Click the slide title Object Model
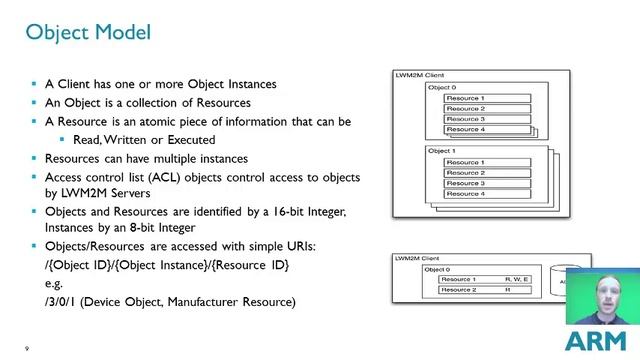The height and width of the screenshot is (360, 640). click(x=88, y=32)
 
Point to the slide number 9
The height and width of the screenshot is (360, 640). click(x=27, y=348)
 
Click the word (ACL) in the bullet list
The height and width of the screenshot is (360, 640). click(x=142, y=177)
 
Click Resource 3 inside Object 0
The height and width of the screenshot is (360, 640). click(x=465, y=119)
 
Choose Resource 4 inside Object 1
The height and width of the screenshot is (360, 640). click(x=465, y=193)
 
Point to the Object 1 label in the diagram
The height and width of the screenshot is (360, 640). click(x=441, y=151)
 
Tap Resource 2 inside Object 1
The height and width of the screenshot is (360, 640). click(x=465, y=172)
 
